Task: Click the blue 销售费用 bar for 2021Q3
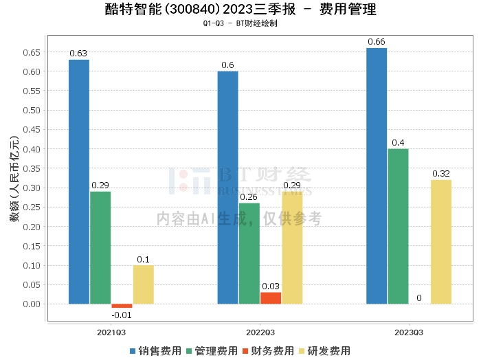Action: tap(79, 181)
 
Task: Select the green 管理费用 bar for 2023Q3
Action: tap(398, 226)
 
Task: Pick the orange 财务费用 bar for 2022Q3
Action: tap(271, 298)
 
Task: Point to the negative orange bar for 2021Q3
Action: tap(122, 306)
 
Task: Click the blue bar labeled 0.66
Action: tap(377, 175)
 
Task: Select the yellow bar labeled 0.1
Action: tap(144, 284)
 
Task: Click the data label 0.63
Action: tap(79, 54)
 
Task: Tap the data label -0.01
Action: tap(121, 315)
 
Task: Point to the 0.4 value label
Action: tap(398, 143)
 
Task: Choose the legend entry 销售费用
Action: tap(156, 350)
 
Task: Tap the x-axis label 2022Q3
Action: tap(260, 332)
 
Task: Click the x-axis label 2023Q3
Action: tap(409, 332)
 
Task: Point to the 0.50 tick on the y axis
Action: tap(32, 110)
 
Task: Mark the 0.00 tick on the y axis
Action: tap(32, 304)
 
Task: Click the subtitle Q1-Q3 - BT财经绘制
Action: tap(240, 23)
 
